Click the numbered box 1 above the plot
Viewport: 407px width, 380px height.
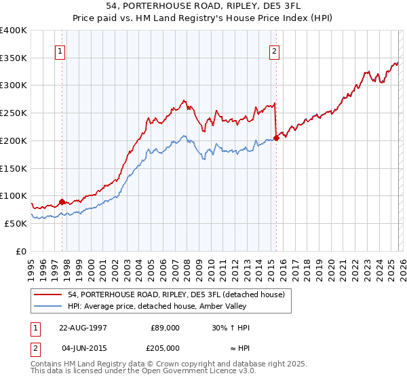pos(61,50)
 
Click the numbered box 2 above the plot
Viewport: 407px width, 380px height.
pos(275,50)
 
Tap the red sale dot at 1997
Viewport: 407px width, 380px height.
pos(62,202)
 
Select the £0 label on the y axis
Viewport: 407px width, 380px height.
pos(20,251)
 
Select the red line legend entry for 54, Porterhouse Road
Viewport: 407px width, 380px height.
pos(161,294)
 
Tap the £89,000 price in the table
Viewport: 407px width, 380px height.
pos(165,328)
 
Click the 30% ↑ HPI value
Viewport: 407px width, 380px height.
pos(231,328)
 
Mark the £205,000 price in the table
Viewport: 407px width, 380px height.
pos(165,347)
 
